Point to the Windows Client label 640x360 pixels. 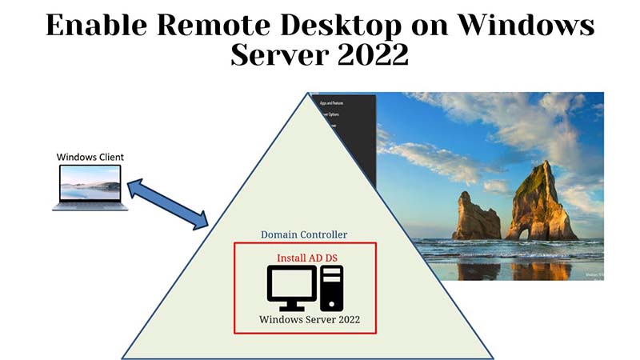pos(90,157)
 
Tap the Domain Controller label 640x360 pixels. pos(304,234)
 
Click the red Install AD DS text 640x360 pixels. pos(304,258)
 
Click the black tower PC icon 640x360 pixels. pos(332,288)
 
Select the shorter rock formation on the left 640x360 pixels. pos(476,216)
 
